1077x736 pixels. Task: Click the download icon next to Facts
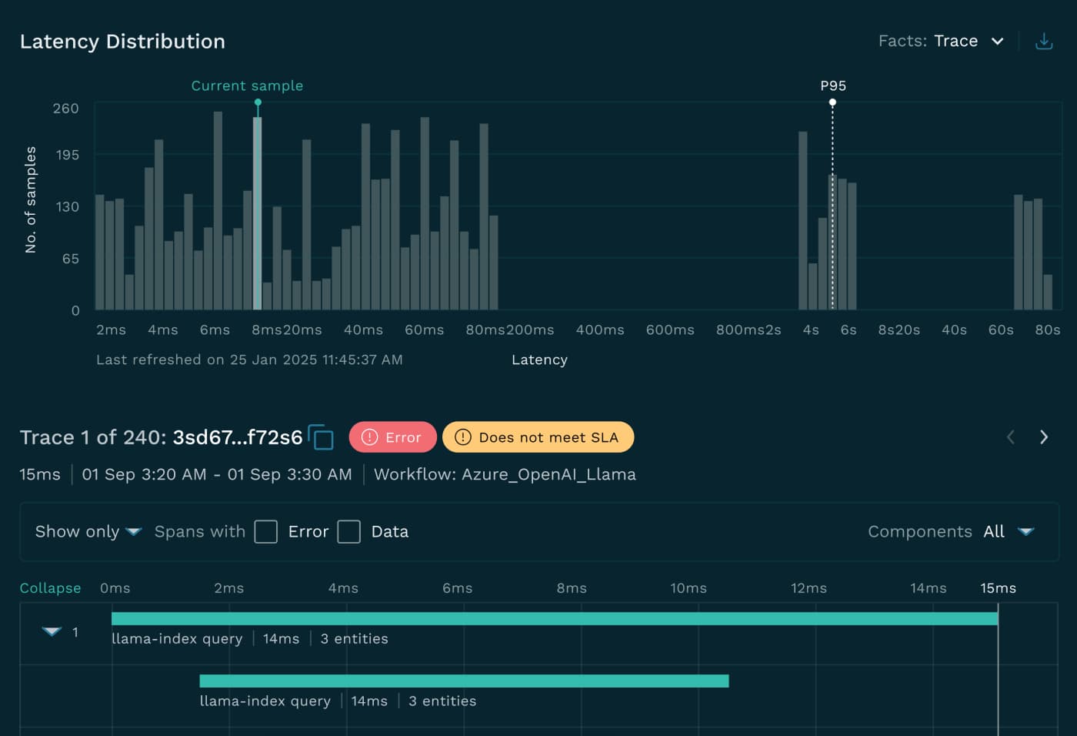[1044, 42]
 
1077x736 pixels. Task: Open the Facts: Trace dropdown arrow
[998, 42]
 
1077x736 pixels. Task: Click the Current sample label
[247, 85]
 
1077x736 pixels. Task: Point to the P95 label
[832, 85]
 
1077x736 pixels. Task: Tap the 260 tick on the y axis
[65, 109]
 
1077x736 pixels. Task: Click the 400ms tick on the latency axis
[600, 330]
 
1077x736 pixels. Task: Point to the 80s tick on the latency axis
[1047, 330]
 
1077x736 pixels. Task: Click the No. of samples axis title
[31, 199]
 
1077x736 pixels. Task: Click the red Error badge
[392, 437]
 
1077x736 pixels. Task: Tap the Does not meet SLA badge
[538, 437]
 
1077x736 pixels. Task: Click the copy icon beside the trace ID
[322, 437]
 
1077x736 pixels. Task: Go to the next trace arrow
[1044, 437]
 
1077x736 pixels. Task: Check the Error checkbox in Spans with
[265, 531]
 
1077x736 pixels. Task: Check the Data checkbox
[348, 531]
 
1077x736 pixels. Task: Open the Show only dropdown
[134, 531]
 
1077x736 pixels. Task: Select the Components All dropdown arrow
[1025, 531]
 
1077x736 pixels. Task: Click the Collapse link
[50, 587]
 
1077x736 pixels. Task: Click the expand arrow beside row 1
[52, 632]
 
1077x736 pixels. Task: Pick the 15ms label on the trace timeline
[998, 587]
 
